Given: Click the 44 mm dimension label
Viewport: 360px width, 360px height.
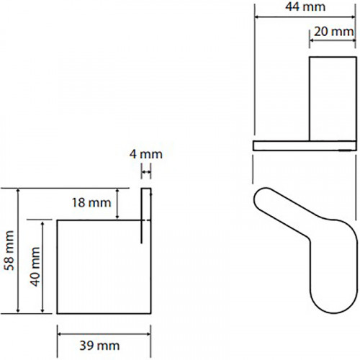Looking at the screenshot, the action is (x=305, y=6).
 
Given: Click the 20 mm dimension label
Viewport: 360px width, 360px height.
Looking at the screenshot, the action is (x=334, y=32).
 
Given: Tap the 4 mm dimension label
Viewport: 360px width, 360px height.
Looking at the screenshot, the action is (x=146, y=154).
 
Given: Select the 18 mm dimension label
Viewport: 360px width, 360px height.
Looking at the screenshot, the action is (x=91, y=203).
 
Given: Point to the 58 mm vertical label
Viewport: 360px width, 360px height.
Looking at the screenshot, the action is (x=9, y=251).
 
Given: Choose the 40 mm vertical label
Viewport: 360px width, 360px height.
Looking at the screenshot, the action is (x=35, y=266).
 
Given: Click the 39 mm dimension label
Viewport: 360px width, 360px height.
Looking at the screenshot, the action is (x=99, y=346).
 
